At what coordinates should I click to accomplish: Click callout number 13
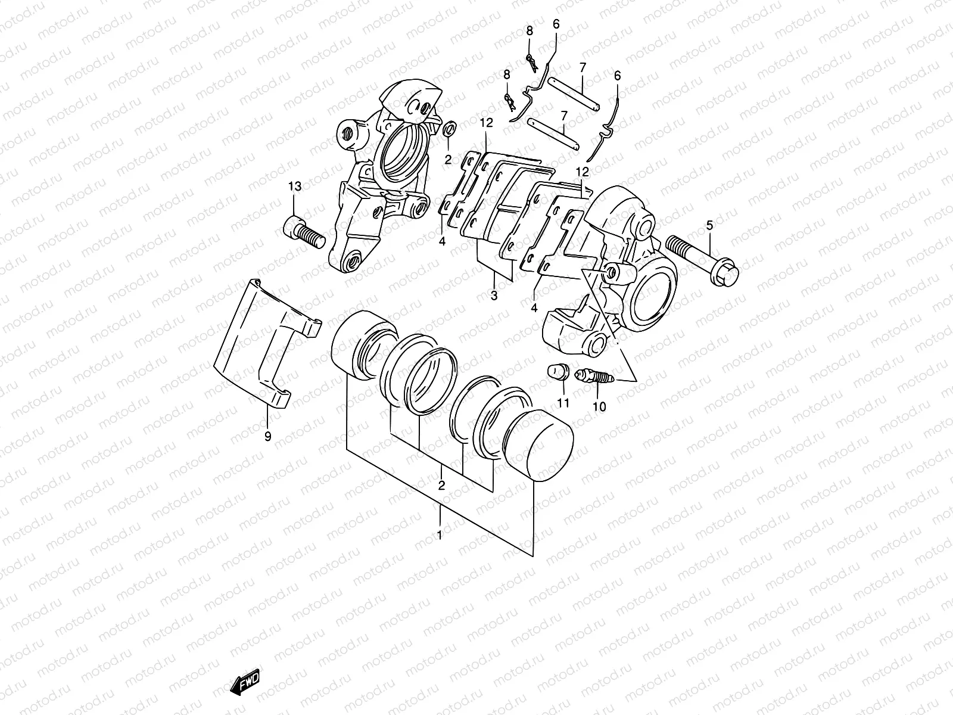[295, 186]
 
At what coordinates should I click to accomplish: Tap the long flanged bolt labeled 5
[703, 260]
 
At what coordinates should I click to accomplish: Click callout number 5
[709, 225]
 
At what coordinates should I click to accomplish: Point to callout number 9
[267, 437]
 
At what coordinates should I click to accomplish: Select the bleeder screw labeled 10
[594, 377]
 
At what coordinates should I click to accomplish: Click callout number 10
[599, 407]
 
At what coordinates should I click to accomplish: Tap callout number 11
[563, 403]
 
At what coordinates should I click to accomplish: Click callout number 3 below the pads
[494, 295]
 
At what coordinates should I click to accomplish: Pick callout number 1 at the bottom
[440, 534]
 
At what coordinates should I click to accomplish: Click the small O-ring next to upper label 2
[451, 128]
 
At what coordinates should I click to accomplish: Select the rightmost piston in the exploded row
[539, 444]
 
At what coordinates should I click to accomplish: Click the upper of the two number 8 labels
[529, 32]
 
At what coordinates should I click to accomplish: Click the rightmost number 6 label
[617, 76]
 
